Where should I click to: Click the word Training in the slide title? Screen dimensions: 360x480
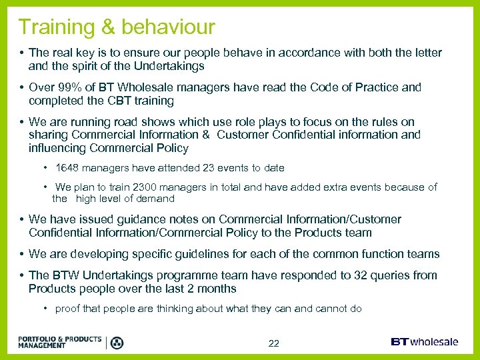coord(55,27)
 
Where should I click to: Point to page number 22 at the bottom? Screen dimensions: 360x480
coord(273,343)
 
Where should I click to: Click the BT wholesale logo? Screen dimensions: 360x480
coord(424,342)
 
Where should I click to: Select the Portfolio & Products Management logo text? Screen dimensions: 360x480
coord(60,343)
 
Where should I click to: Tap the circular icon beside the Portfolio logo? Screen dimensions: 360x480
coord(117,343)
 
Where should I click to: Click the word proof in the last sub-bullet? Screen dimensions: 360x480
coord(68,309)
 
